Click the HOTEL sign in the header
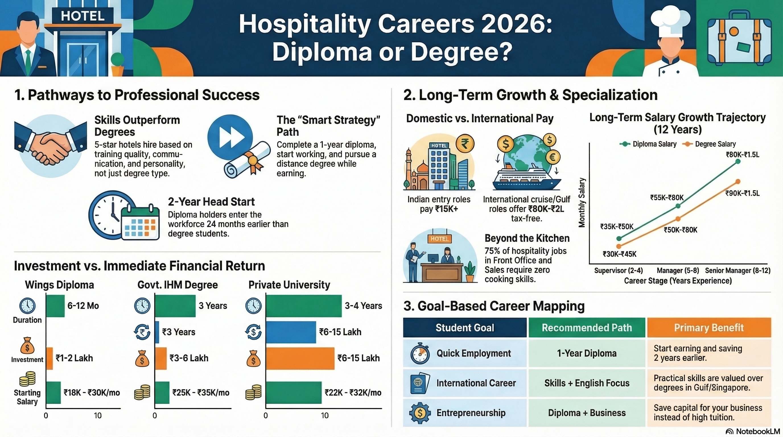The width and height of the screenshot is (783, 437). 83,16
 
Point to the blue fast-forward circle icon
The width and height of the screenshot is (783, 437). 230,137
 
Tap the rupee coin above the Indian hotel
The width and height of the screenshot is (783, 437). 464,143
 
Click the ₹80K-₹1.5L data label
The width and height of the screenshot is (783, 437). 742,155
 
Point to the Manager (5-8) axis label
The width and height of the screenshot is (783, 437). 677,271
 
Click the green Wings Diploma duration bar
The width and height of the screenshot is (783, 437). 55,306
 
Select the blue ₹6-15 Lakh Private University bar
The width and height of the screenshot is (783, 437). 290,332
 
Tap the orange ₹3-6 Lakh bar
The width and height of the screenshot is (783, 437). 161,358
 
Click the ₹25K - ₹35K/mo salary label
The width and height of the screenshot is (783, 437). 201,393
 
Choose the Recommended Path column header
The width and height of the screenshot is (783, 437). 587,327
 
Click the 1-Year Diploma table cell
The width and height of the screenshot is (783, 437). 587,353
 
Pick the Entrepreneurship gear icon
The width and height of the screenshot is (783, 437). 420,413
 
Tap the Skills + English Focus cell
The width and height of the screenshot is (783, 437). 587,383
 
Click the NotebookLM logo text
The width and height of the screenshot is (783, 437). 754,432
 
